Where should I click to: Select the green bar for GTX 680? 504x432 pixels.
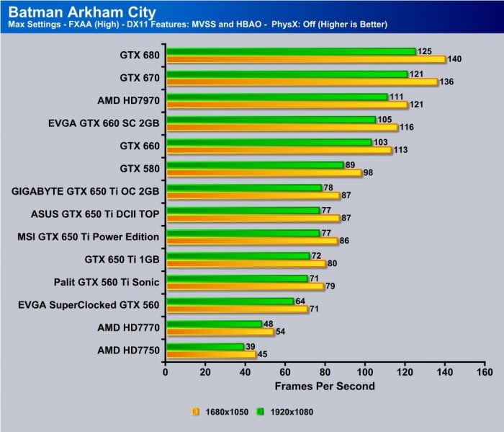coord(290,51)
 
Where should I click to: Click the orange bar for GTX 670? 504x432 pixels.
coord(301,82)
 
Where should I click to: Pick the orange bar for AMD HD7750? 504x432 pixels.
coord(210,354)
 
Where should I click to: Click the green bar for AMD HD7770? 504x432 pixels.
coord(213,324)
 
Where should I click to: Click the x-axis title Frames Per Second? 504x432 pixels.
coord(325,386)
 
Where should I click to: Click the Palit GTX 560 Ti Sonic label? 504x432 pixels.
coord(107,281)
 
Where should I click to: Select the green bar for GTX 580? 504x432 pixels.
coord(254,165)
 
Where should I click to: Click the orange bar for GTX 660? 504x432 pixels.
coord(278,150)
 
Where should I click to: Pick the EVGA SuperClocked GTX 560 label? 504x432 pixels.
coord(88,304)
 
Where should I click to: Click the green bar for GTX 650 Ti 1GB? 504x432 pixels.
coord(237,256)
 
